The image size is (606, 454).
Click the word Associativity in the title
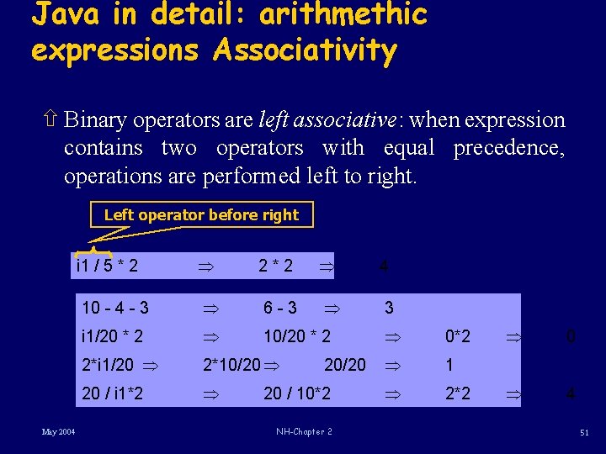click(x=305, y=50)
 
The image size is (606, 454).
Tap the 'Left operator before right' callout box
click(x=201, y=215)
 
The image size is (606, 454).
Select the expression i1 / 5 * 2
click(x=108, y=267)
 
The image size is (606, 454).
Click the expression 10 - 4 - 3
click(x=115, y=308)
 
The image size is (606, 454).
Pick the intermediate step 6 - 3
click(x=280, y=308)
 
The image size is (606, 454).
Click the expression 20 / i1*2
click(x=112, y=393)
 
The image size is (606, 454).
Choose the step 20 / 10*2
click(x=297, y=393)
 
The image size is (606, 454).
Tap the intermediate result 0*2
click(x=458, y=337)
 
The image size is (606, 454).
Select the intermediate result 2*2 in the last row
click(x=458, y=393)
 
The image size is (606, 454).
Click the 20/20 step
click(x=345, y=365)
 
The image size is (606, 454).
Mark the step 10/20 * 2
click(x=297, y=337)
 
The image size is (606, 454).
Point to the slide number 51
click(x=584, y=432)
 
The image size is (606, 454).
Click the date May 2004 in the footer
click(x=59, y=432)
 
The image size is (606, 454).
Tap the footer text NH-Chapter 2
click(x=304, y=432)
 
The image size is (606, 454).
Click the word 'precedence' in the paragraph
click(x=508, y=148)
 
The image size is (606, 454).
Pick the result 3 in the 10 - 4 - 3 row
click(x=389, y=308)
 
